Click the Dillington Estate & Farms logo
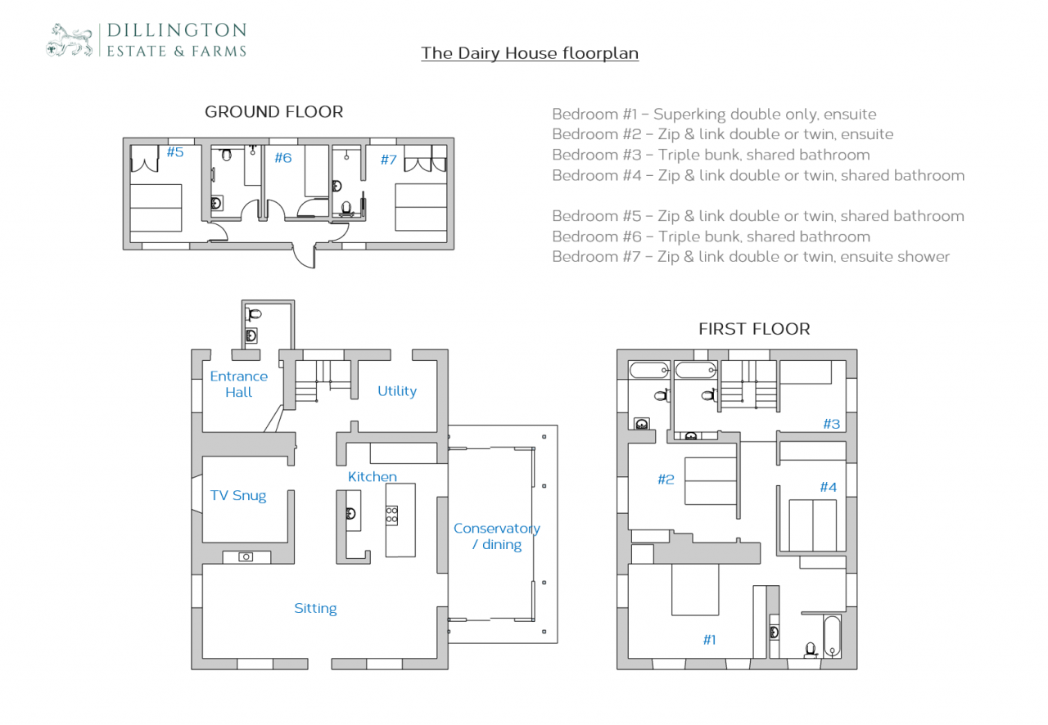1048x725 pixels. (147, 40)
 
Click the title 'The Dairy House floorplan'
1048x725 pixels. (530, 53)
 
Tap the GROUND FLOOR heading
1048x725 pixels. (273, 111)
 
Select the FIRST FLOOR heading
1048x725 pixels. (753, 329)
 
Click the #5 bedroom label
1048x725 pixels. (175, 152)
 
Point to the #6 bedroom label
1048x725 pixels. (282, 158)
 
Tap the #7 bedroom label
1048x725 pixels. (388, 160)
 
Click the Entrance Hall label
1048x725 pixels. (238, 384)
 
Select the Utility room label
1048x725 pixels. (397, 391)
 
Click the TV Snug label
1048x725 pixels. (238, 495)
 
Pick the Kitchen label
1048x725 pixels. (372, 476)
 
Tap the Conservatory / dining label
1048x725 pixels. (497, 536)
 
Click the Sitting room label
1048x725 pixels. (315, 608)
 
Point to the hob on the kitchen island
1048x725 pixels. (392, 515)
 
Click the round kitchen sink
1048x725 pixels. (350, 514)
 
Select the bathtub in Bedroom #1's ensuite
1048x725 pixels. (831, 636)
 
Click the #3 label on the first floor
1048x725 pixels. (831, 424)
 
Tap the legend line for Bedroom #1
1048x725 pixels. (714, 115)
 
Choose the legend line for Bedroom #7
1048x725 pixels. (751, 257)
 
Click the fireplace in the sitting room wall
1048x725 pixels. (246, 556)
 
